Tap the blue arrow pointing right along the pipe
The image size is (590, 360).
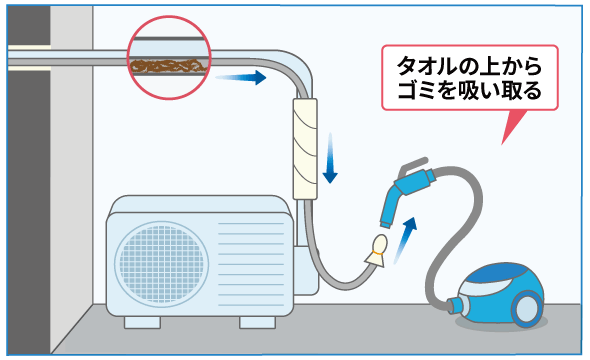241,77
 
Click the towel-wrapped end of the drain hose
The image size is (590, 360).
378,253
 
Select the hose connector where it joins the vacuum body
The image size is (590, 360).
458,304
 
